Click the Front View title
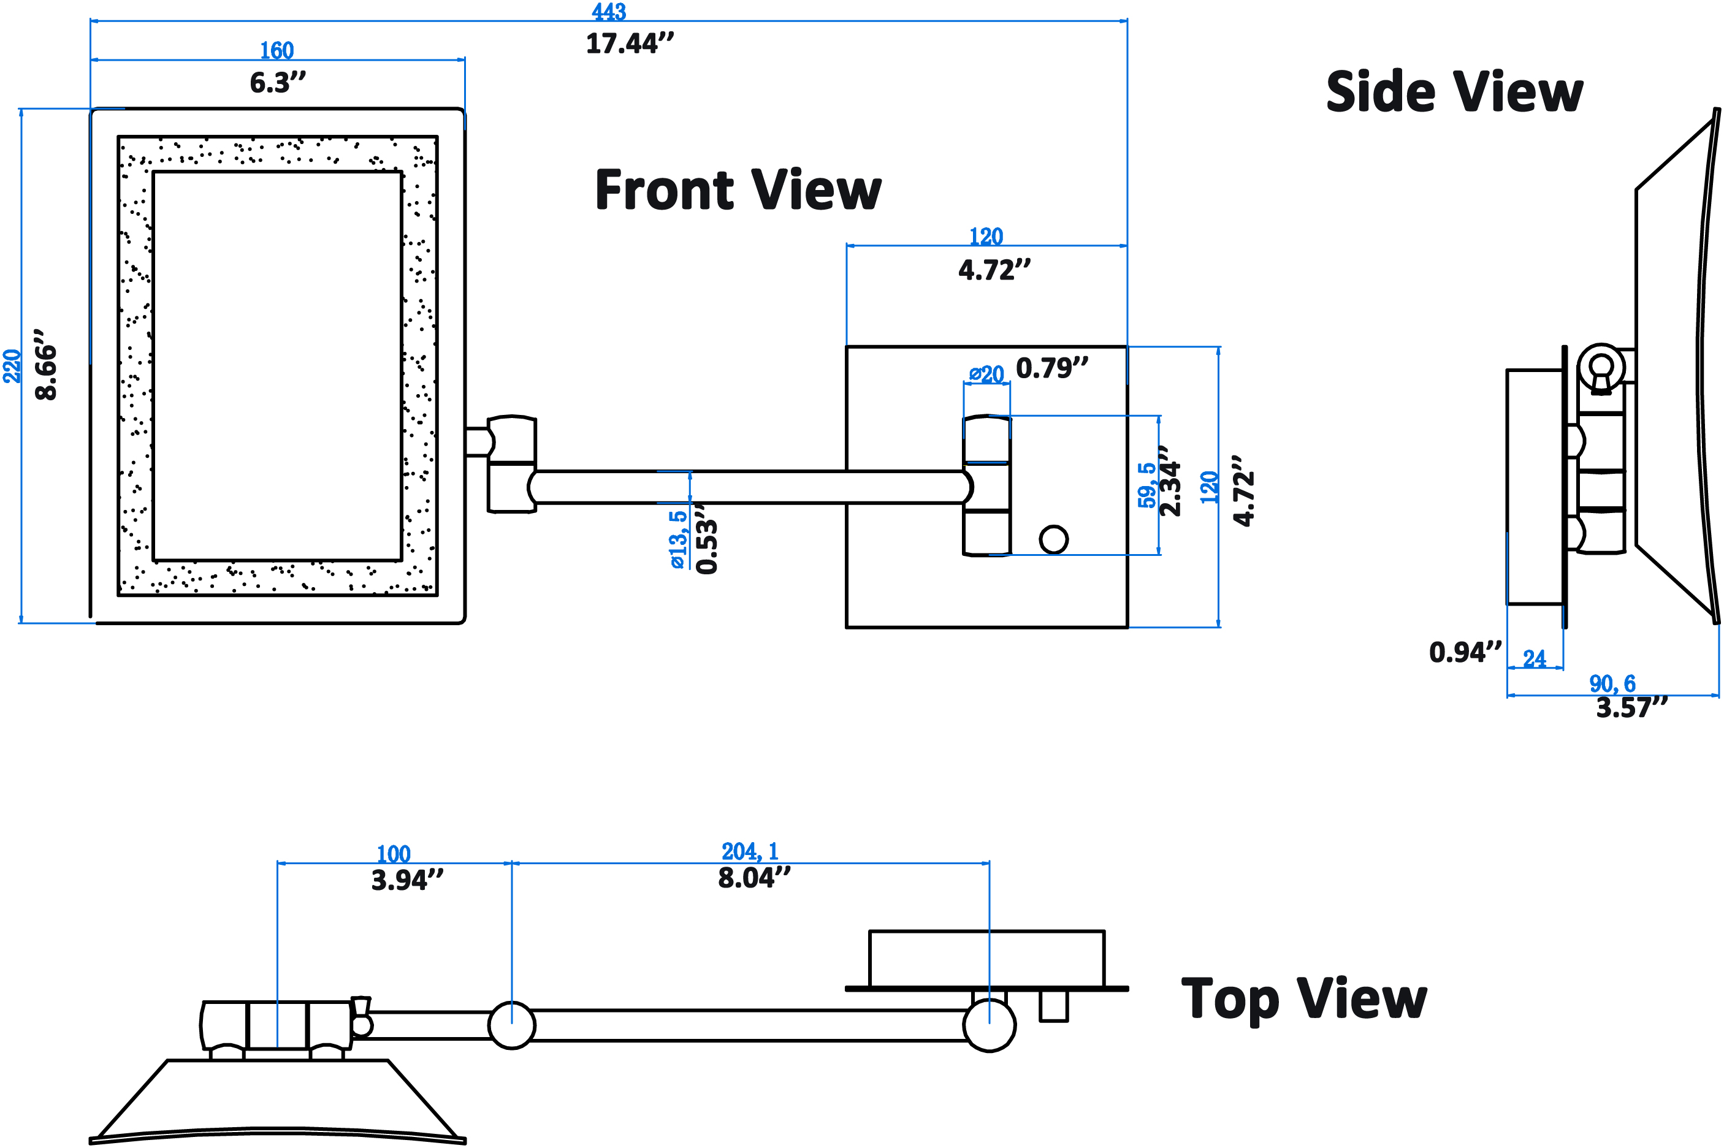coord(738,189)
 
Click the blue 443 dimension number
coord(609,11)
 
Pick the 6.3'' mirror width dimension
coord(278,83)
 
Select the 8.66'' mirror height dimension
coord(46,364)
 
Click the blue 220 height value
coord(12,366)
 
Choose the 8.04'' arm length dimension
coord(754,877)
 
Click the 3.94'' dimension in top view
coord(407,880)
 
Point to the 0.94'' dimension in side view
coord(1465,652)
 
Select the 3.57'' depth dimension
coord(1631,708)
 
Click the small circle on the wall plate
coord(1053,539)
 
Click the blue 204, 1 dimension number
coord(750,851)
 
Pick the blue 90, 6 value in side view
coord(1612,684)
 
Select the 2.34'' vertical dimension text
coord(1170,481)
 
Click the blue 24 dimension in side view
coord(1535,659)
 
